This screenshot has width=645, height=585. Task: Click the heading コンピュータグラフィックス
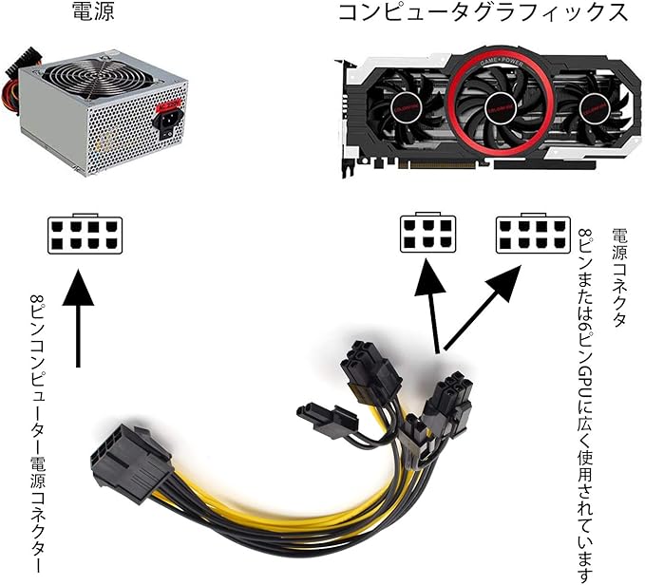pos(483,13)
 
